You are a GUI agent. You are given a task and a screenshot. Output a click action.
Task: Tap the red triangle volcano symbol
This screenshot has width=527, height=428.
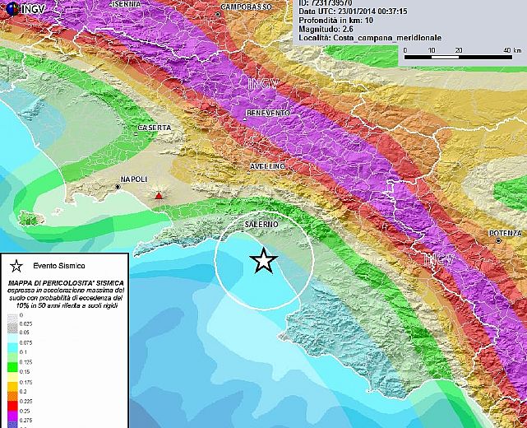coord(158,195)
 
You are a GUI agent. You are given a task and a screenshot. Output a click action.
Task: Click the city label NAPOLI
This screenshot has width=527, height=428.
coord(133,179)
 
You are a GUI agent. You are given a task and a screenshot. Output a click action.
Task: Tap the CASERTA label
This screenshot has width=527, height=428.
coord(155,128)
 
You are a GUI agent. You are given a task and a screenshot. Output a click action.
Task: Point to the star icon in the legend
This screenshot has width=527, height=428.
coord(16,266)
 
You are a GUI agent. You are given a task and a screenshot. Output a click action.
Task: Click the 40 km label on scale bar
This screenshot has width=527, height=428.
coord(507,51)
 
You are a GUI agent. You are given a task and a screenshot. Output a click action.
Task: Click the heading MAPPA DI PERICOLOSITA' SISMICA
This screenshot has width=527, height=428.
coord(65,282)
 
